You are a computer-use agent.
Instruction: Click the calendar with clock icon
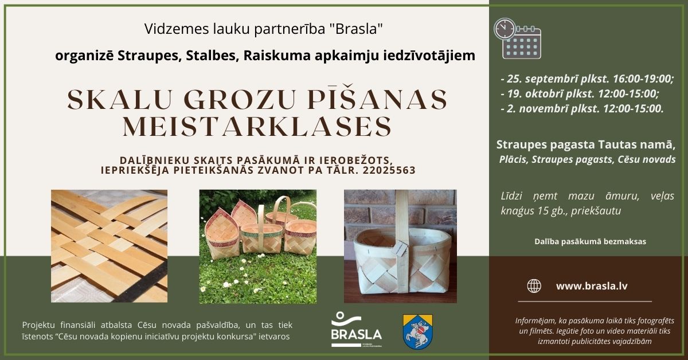518,38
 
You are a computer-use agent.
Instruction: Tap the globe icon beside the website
534,285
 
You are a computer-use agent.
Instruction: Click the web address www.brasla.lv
591,285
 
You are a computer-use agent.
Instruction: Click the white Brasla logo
356,330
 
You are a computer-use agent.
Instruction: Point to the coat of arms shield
418,331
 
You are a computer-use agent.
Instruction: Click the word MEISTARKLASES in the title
257,126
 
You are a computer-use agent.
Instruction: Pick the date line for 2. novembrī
582,108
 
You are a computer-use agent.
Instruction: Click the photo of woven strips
109,246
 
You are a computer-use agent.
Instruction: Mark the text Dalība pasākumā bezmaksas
590,241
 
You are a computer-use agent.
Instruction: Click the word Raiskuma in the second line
269,56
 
